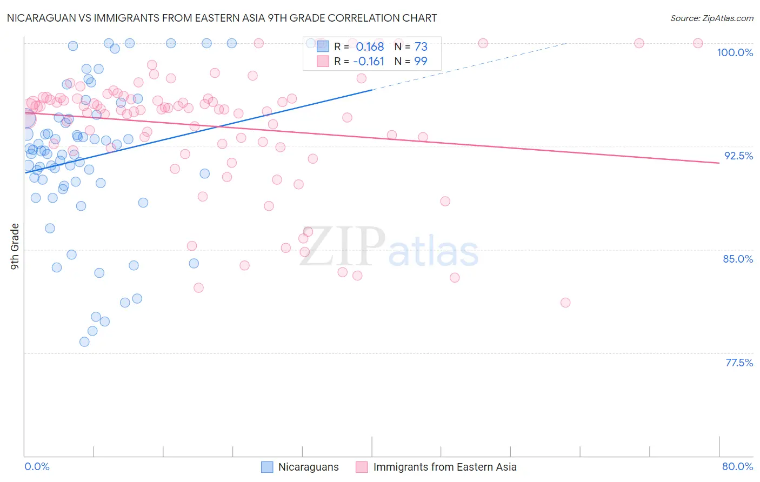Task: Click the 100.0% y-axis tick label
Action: tap(735, 52)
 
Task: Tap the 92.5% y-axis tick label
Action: tap(738, 156)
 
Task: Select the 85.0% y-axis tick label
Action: tap(738, 259)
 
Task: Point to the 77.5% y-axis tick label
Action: tap(739, 363)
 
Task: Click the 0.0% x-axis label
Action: tap(37, 466)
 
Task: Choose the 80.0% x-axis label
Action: tap(737, 466)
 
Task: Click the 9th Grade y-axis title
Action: tap(15, 246)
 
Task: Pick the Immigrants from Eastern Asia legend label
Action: tap(444, 467)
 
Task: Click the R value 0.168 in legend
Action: tap(370, 46)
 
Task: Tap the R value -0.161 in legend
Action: tap(369, 61)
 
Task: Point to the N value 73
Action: tap(421, 46)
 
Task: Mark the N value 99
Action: tap(421, 61)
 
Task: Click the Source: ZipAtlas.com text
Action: tap(711, 18)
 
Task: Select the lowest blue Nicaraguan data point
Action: tap(84, 342)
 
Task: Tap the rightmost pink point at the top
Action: tap(698, 43)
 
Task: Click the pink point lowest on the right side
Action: tap(565, 303)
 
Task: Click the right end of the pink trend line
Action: tap(719, 163)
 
